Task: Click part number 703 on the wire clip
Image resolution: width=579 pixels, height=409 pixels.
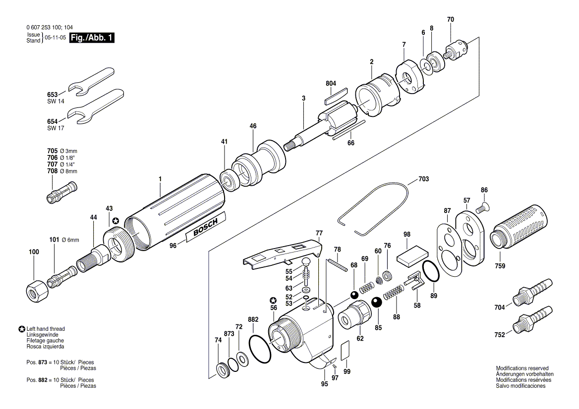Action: click(423, 178)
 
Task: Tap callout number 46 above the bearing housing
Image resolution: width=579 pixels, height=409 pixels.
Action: click(253, 126)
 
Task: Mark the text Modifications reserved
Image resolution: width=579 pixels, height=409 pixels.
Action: click(522, 368)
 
